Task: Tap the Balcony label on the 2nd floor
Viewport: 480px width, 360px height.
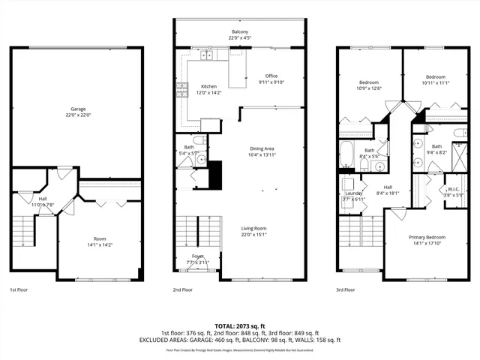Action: (x=240, y=33)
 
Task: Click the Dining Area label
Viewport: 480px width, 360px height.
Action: (x=262, y=148)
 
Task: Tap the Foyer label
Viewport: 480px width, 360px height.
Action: (x=198, y=256)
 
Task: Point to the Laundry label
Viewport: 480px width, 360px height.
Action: (x=353, y=193)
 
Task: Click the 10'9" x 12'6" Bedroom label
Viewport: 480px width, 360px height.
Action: (x=368, y=82)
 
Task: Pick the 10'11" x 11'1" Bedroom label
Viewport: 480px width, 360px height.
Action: (x=436, y=76)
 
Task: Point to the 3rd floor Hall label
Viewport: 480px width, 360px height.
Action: (x=388, y=187)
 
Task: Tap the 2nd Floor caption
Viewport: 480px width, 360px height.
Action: (x=183, y=289)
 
